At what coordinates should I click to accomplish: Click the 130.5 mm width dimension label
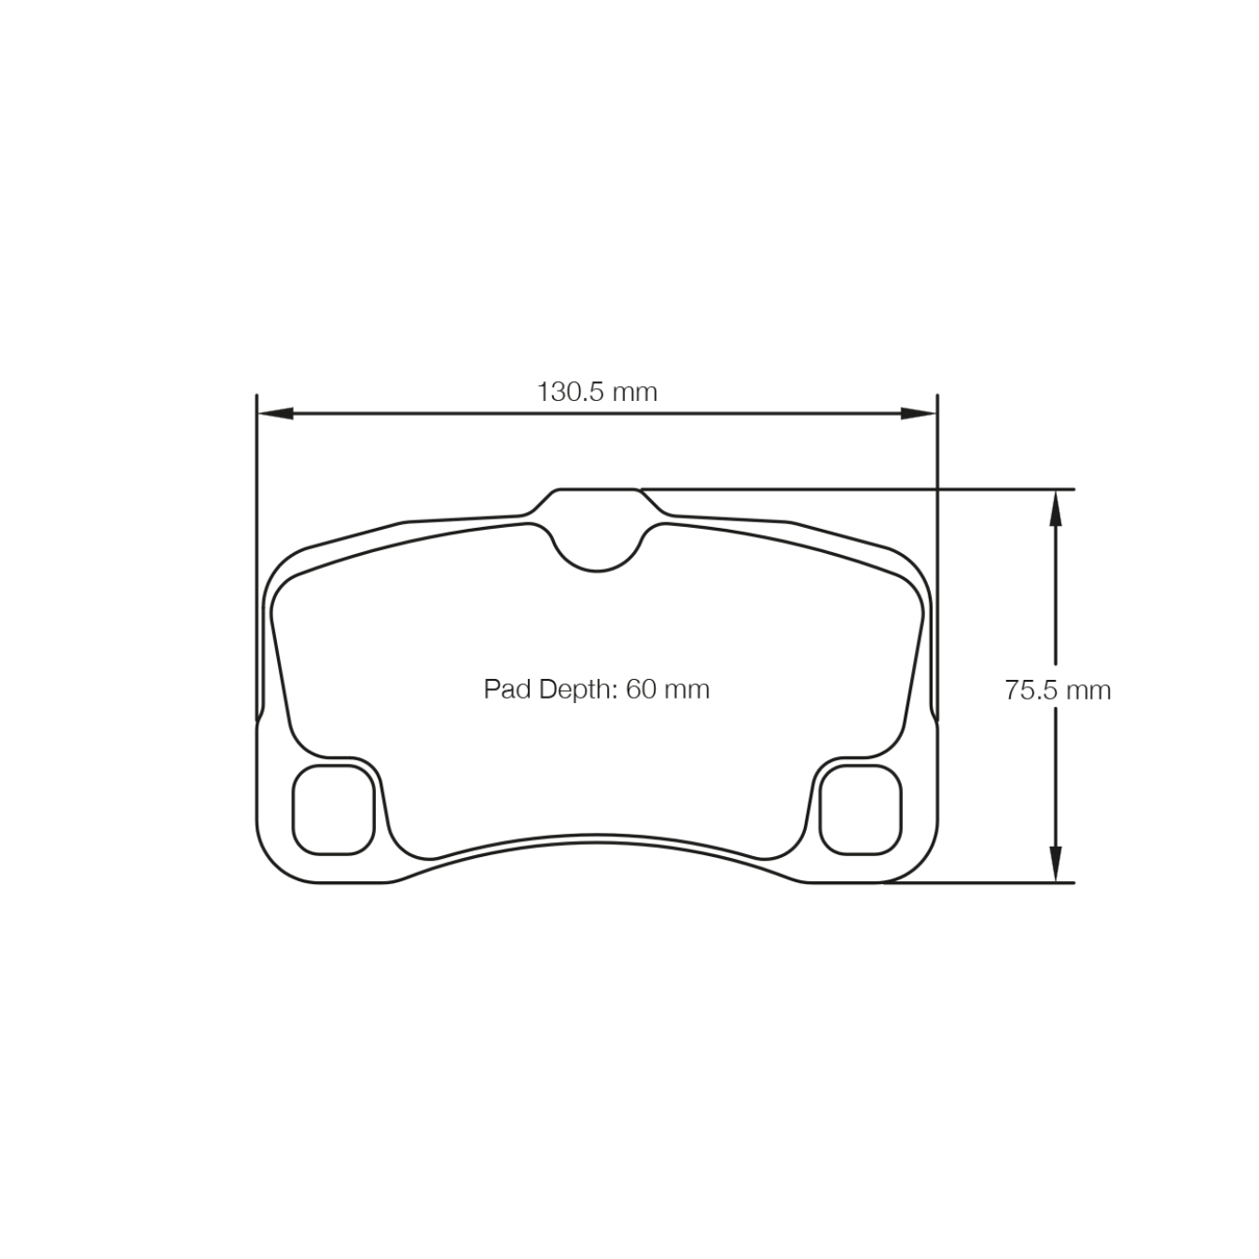click(x=596, y=392)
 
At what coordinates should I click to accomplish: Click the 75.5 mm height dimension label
click(x=1058, y=690)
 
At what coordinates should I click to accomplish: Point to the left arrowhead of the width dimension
click(x=274, y=413)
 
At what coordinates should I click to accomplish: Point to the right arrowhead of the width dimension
click(x=919, y=413)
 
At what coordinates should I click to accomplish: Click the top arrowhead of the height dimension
click(x=1055, y=507)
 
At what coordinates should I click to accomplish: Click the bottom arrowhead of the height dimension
click(x=1055, y=864)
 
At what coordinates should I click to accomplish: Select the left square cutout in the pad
click(x=333, y=809)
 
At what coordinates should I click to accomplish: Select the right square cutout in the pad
click(x=860, y=809)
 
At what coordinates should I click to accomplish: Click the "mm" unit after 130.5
click(x=634, y=392)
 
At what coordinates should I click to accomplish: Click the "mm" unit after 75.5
click(x=1089, y=690)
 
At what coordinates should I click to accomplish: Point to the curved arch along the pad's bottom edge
click(x=597, y=836)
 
